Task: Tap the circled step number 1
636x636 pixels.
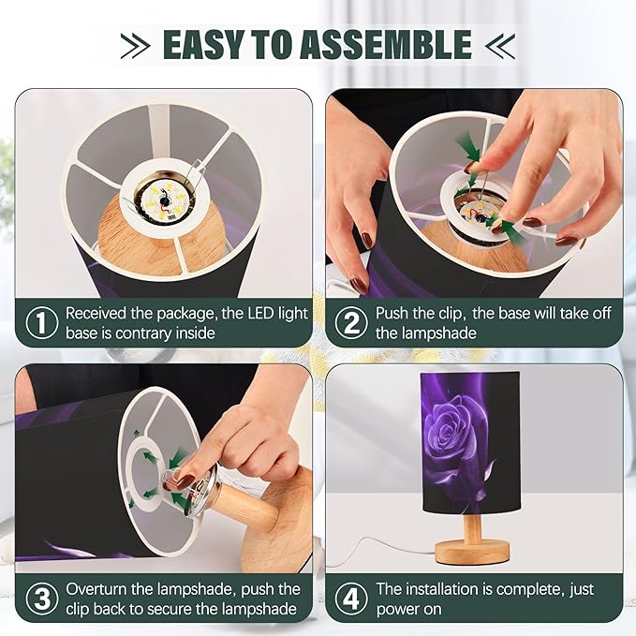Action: tap(42, 323)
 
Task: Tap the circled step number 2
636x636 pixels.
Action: tap(351, 323)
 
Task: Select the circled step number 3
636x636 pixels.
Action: tap(42, 599)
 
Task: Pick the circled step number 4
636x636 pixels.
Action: tap(351, 599)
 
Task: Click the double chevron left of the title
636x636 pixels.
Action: tap(135, 45)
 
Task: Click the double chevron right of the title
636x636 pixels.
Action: tap(500, 45)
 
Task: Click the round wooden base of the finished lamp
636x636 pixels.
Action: tap(472, 552)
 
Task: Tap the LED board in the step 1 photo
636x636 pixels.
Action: tap(165, 200)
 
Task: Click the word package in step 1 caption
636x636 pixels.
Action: tap(187, 315)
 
